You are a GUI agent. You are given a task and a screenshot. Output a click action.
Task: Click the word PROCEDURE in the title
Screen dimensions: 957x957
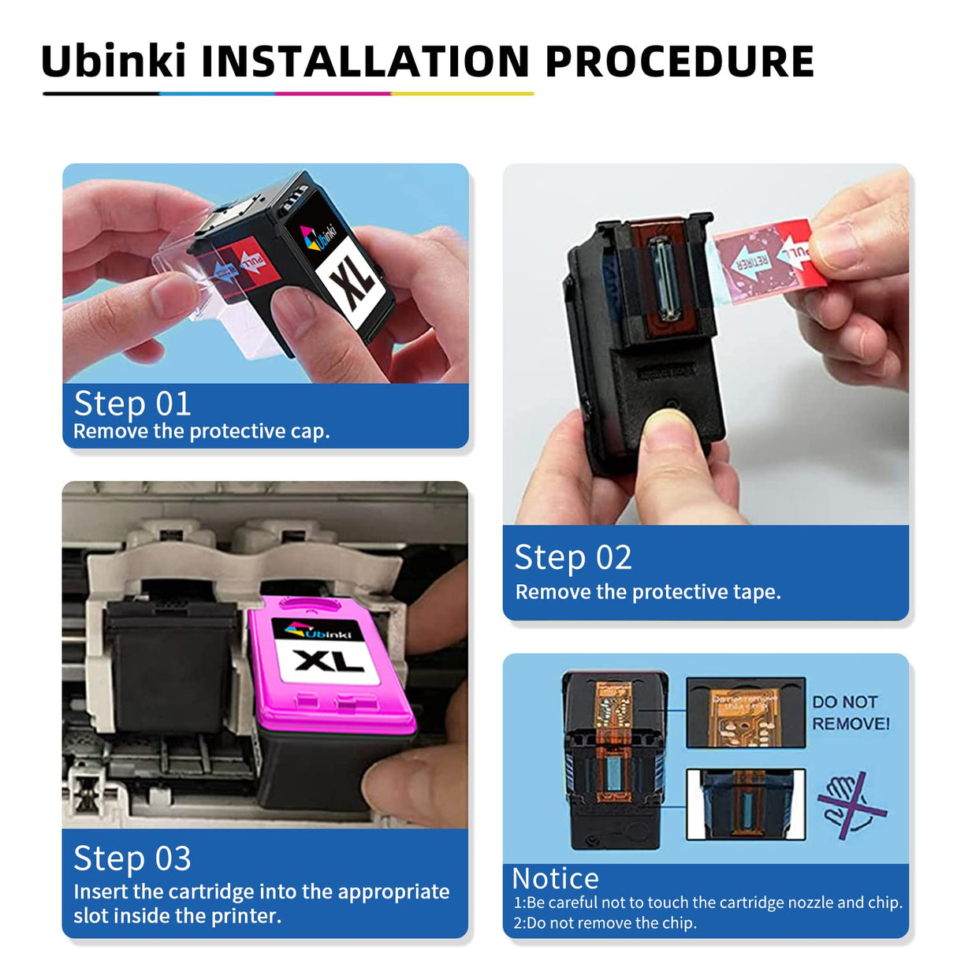[x=679, y=61]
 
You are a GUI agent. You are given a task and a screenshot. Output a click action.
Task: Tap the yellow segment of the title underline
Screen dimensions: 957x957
[x=462, y=94]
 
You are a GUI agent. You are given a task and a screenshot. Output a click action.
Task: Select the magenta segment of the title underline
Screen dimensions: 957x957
[x=333, y=94]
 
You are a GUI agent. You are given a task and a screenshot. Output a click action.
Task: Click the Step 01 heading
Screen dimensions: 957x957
[x=132, y=404]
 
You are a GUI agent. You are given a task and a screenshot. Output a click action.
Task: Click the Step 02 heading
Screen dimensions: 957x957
[x=573, y=557]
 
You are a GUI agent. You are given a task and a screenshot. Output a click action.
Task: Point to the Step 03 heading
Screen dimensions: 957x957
[x=132, y=858]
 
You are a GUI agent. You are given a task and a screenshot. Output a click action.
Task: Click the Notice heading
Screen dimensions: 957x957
[x=556, y=878]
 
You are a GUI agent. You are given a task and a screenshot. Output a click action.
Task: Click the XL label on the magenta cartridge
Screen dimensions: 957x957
[x=329, y=660]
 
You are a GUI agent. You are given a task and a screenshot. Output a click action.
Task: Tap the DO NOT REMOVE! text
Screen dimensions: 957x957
[x=851, y=713]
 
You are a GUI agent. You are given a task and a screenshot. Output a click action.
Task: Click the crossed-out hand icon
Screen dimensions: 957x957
[x=850, y=805]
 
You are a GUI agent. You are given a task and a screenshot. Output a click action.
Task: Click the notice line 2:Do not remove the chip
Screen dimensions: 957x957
[x=605, y=923]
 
